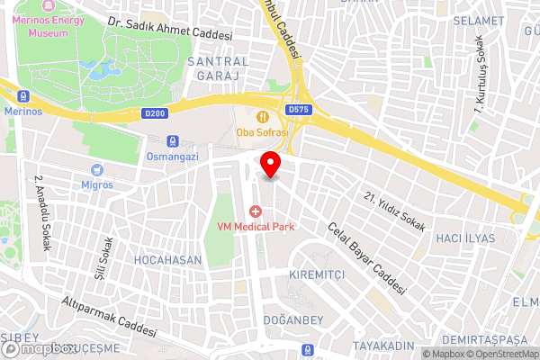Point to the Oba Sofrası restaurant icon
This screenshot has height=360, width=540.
262,116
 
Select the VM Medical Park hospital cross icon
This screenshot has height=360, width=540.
256,211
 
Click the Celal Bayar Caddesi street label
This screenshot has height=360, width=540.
366,260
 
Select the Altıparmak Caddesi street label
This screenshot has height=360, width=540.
104,315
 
